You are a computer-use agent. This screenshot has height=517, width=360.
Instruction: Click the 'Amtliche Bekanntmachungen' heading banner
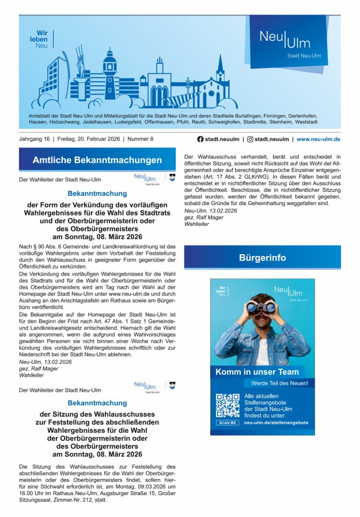(97, 160)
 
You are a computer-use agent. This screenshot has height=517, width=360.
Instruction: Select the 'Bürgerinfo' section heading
(262, 258)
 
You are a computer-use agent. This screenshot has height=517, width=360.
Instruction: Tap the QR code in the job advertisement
(228, 406)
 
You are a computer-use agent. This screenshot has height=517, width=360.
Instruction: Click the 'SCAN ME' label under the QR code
(228, 422)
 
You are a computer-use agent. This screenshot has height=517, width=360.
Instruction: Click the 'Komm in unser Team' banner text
(257, 372)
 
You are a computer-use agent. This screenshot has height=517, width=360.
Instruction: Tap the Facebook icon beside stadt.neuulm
(200, 139)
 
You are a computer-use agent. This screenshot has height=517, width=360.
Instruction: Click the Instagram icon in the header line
(250, 139)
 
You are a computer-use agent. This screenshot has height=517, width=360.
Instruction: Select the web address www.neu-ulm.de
(318, 139)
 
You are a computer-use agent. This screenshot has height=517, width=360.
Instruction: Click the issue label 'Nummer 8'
(141, 139)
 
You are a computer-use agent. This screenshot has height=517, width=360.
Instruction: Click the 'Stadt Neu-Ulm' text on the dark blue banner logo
(304, 56)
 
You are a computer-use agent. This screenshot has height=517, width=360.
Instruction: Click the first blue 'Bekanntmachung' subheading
(97, 194)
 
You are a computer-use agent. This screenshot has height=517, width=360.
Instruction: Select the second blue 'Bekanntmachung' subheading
(97, 403)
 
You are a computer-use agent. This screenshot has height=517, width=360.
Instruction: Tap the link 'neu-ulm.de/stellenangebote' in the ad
(276, 422)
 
